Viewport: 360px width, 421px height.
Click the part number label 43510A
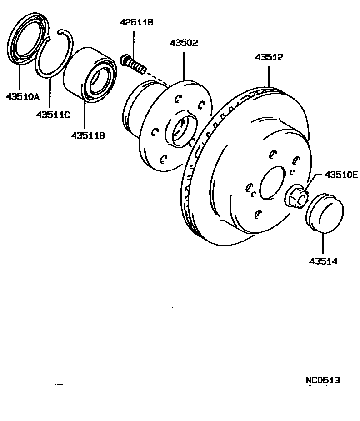point(22,96)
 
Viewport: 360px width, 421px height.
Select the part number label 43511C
point(53,115)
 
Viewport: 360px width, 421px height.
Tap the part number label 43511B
point(88,135)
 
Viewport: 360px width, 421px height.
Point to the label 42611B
point(137,22)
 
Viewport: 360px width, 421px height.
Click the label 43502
point(184,43)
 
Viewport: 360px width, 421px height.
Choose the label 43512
point(269,57)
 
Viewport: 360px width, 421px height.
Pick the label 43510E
point(341,175)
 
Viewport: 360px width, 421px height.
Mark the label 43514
point(323,261)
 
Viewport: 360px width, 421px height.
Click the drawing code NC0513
point(323,380)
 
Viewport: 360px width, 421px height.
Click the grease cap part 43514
point(324,211)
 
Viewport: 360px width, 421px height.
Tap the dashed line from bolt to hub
point(157,78)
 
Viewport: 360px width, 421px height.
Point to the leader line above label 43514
point(323,244)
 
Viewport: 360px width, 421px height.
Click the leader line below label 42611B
point(134,41)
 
